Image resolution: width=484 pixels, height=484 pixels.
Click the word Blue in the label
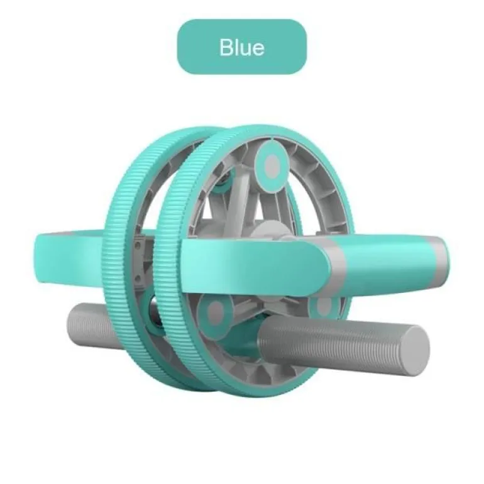[x=242, y=47]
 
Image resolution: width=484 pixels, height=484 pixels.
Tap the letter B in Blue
[x=226, y=47]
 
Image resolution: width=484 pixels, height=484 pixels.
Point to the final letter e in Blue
[x=258, y=50]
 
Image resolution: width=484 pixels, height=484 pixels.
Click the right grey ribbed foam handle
[x=343, y=345]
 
